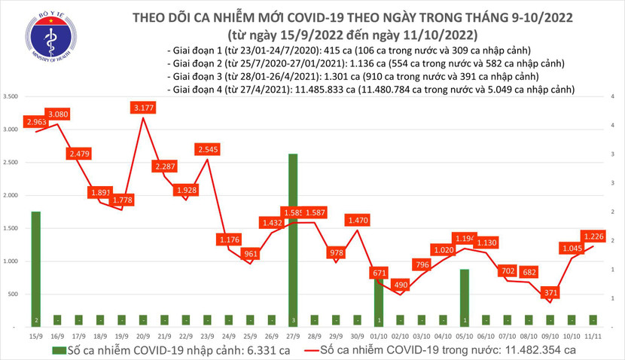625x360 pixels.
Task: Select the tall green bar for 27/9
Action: pyautogui.click(x=293, y=239)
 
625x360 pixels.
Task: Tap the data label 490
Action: pyautogui.click(x=400, y=285)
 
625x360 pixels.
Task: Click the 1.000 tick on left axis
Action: pyautogui.click(x=11, y=261)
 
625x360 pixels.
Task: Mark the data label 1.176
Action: pyautogui.click(x=228, y=239)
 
